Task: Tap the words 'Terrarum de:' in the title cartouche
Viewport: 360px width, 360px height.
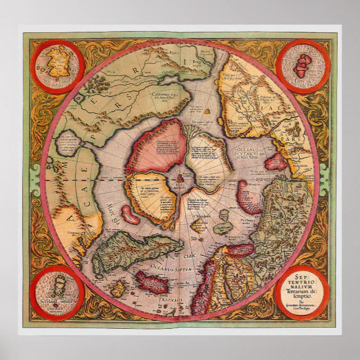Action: click(x=302, y=295)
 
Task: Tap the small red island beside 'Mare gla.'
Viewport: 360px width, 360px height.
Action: click(x=130, y=214)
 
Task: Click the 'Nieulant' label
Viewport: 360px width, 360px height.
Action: click(x=200, y=215)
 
